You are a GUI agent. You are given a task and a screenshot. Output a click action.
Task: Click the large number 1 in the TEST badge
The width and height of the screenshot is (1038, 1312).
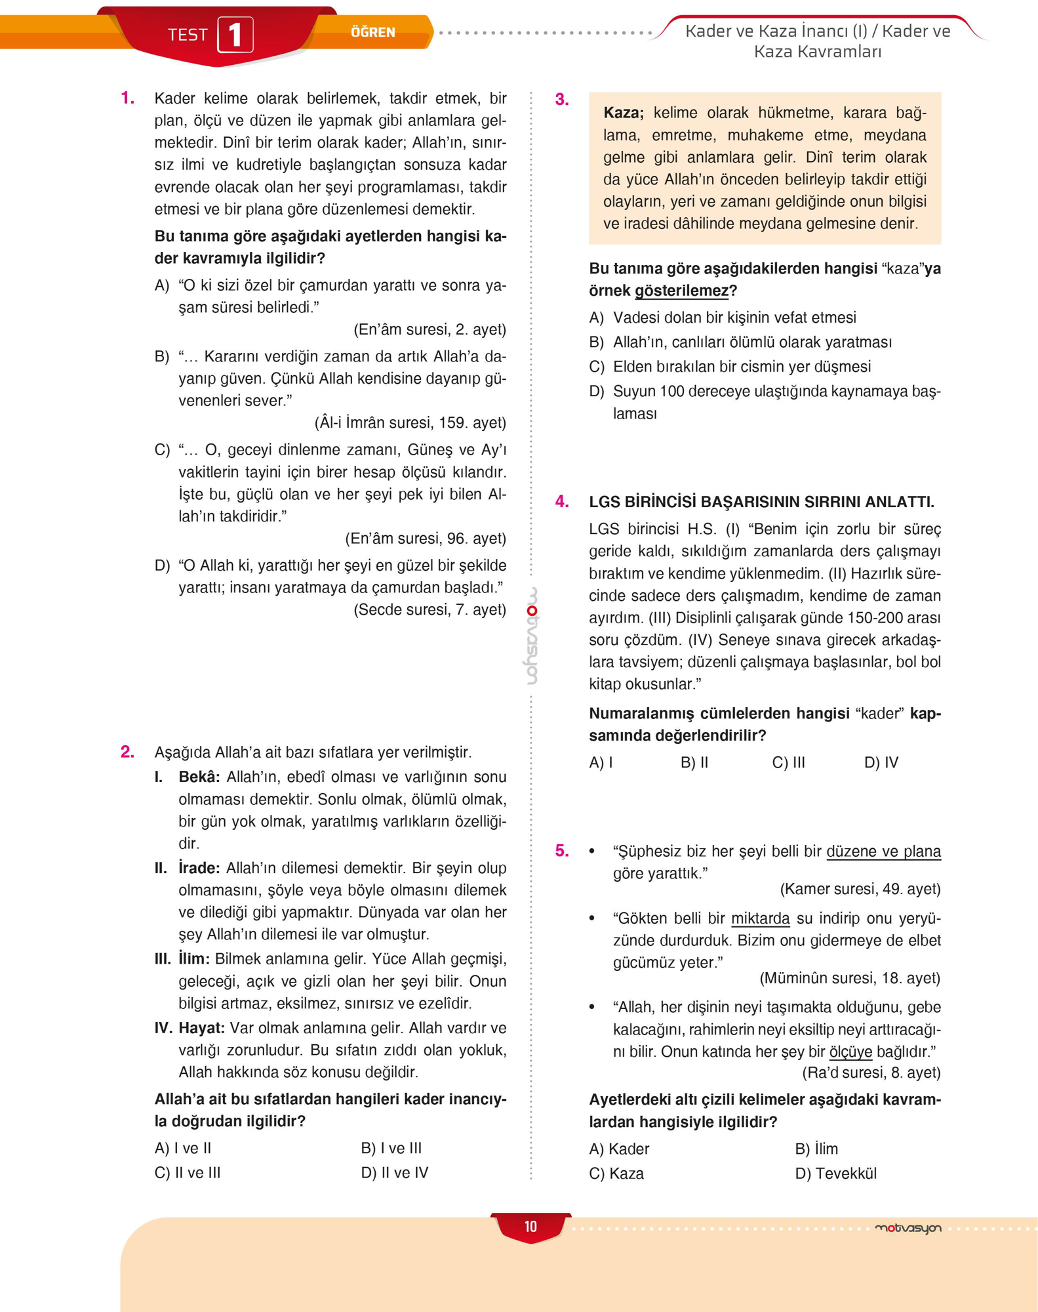coord(235,35)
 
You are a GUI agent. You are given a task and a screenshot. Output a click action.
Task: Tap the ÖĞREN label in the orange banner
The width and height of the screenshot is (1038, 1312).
coord(372,32)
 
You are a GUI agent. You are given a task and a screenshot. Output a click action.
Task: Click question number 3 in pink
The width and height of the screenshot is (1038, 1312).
coord(562,100)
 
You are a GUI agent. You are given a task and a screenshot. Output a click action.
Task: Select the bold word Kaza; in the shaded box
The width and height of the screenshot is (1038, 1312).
coord(623,113)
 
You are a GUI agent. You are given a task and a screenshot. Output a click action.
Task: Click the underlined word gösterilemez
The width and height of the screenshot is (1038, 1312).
coord(681,291)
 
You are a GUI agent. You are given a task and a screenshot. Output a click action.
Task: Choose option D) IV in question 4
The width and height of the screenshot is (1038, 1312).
coord(881,762)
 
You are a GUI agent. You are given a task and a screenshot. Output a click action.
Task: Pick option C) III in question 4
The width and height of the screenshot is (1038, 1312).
coord(788,762)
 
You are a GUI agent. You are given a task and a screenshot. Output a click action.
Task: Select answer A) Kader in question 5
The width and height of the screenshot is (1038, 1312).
coord(619,1149)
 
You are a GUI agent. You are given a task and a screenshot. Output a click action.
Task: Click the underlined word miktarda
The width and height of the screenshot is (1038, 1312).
coord(760,918)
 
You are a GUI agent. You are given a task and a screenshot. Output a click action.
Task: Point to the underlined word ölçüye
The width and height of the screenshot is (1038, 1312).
coord(850,1052)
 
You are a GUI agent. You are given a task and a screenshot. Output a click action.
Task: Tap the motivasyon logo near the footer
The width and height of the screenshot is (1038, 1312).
coord(908,1228)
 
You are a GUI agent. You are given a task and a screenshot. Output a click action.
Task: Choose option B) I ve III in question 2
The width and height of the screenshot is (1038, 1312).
coord(391,1148)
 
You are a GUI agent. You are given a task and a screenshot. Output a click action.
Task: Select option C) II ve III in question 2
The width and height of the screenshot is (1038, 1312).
coord(188,1173)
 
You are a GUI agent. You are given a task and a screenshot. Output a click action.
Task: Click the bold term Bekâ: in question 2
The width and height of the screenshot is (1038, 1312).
coord(199,777)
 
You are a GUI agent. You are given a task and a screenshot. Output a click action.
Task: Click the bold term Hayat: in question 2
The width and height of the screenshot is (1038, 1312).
coord(201,1028)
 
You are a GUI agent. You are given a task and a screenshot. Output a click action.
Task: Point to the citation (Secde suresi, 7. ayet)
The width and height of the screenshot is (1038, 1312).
coord(429,610)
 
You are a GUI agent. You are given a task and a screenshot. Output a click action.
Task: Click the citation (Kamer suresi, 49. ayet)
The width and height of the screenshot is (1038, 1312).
coord(860,889)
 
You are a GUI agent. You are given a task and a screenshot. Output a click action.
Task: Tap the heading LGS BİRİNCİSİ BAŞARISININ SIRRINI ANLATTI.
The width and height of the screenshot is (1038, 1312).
coord(761,502)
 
